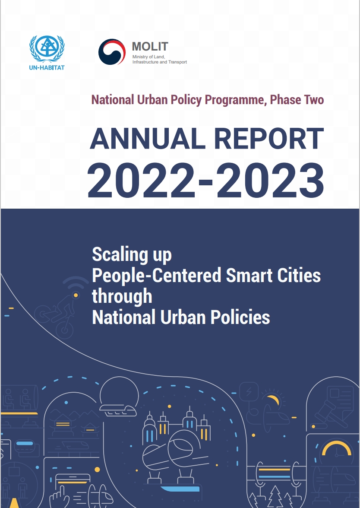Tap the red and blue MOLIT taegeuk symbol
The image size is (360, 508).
pos(112,52)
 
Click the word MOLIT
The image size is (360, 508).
pos(150,47)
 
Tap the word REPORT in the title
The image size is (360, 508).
pos(269,139)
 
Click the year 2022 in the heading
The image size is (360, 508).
pos(142,181)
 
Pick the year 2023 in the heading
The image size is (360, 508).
pos(270,181)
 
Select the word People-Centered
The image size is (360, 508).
pos(157,276)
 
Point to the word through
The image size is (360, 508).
pos(122,296)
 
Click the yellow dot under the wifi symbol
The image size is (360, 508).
pos(76,295)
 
